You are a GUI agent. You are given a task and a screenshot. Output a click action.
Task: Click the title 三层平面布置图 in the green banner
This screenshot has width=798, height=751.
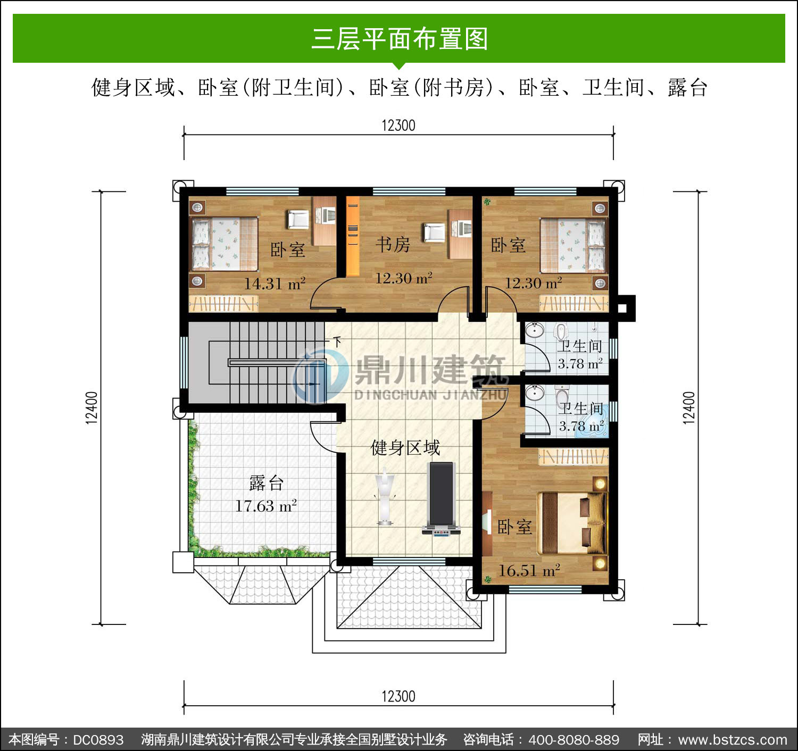[400, 39]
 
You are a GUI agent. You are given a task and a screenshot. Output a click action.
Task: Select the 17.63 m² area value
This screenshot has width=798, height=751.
[266, 505]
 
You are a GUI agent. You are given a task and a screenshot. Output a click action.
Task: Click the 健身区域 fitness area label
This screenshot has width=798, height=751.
[405, 448]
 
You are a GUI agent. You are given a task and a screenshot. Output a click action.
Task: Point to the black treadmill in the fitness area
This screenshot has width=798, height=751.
[442, 499]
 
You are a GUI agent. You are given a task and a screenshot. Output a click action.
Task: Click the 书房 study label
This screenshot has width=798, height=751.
[393, 244]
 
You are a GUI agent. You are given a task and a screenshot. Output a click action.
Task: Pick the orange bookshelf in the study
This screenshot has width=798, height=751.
[353, 236]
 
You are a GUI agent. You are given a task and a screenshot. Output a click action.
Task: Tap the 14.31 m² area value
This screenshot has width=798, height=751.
[275, 283]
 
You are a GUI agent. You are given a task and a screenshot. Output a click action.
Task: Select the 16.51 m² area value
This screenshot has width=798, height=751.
[529, 570]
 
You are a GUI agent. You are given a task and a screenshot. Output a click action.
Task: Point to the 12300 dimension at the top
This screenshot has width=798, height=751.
[398, 126]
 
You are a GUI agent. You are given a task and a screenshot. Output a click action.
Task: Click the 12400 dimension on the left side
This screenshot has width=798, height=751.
[92, 407]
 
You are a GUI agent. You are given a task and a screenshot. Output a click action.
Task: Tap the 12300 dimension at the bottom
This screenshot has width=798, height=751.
[398, 696]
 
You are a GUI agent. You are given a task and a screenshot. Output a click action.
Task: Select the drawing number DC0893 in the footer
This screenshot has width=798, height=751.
[98, 740]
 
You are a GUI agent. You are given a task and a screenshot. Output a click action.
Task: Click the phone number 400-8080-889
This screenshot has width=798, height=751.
[574, 740]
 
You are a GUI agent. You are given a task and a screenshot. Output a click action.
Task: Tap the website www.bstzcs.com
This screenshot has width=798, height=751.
[733, 740]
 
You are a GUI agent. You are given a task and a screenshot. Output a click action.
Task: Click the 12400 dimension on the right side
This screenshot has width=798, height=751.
[689, 407]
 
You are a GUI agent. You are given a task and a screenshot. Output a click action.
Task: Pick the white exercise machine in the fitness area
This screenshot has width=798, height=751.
[385, 496]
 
